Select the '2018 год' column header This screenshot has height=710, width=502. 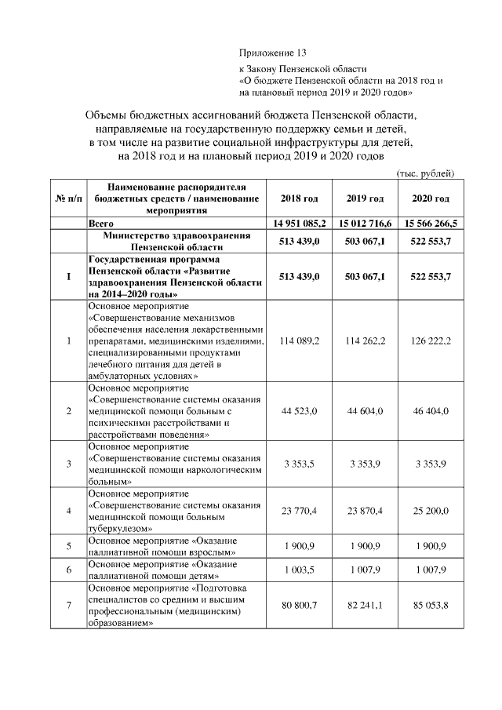(x=299, y=198)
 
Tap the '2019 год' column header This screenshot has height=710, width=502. (x=366, y=198)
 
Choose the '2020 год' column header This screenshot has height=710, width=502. (x=431, y=198)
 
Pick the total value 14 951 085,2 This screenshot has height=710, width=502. (x=299, y=224)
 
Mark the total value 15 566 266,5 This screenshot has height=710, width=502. (x=431, y=224)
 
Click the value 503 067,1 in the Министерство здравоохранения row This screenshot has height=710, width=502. (x=366, y=242)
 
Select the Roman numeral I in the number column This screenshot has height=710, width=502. (x=68, y=276)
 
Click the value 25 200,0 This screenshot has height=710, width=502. (x=431, y=511)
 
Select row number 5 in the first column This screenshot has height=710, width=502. (x=68, y=546)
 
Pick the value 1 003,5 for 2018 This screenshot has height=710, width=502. (x=299, y=570)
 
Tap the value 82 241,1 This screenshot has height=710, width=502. (x=366, y=605)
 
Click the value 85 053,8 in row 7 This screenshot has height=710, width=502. (x=431, y=605)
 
